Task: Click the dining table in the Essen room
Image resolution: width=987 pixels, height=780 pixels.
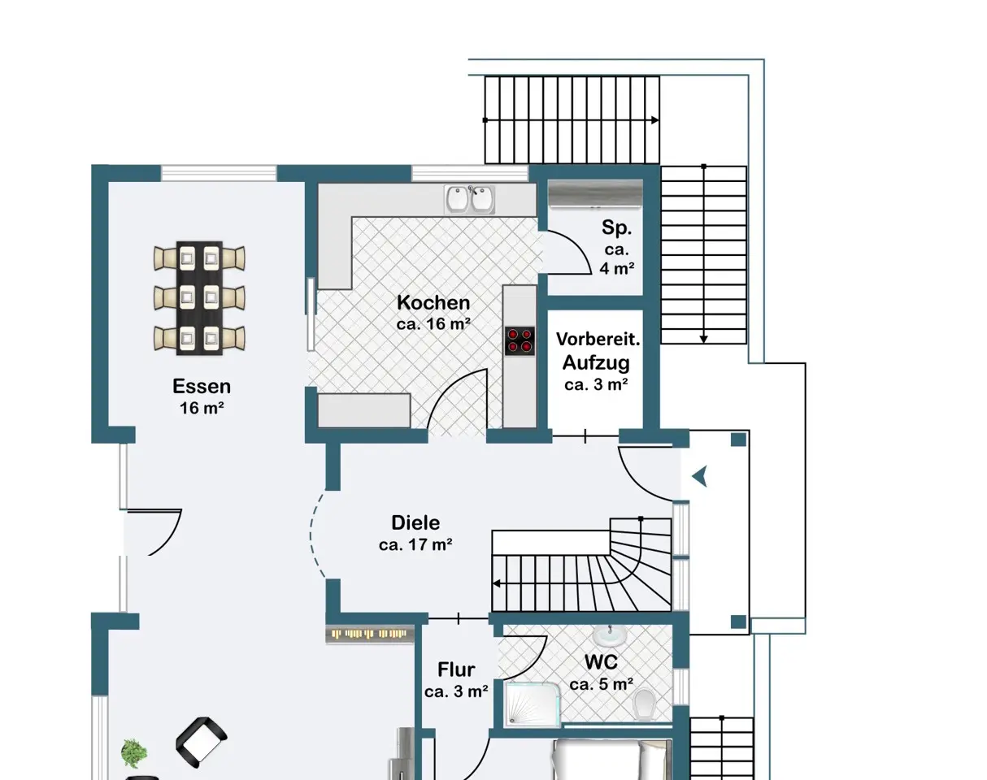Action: (199, 298)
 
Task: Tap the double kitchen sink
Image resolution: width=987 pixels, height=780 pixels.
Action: (469, 199)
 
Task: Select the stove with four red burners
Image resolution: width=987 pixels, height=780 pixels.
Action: (520, 340)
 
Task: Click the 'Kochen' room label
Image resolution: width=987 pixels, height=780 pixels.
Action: (433, 302)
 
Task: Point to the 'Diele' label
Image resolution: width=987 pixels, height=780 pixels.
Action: (415, 522)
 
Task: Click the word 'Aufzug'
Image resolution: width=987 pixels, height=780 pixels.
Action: (596, 362)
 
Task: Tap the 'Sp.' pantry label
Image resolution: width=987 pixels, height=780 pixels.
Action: (617, 227)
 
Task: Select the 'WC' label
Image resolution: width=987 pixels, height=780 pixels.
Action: (601, 661)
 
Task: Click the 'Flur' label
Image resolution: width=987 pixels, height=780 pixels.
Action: (456, 669)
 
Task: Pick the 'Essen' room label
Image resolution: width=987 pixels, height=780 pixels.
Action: (202, 386)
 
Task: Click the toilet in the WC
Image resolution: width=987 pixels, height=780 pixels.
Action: (642, 704)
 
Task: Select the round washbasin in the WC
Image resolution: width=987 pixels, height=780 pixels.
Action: (610, 635)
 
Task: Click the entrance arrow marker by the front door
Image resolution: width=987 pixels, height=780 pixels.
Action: (699, 477)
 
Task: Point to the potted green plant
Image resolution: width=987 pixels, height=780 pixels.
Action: (134, 753)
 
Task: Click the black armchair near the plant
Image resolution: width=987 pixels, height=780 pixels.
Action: (201, 743)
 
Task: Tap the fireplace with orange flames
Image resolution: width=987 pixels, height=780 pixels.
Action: (370, 635)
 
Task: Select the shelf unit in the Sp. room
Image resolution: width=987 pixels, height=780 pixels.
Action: (595, 193)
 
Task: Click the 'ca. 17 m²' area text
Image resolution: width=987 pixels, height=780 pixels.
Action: (415, 545)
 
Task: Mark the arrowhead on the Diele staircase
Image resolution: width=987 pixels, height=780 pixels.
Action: (496, 584)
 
